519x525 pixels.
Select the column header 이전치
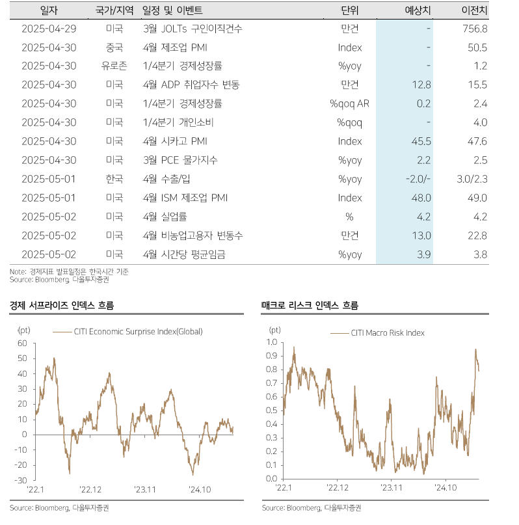473,10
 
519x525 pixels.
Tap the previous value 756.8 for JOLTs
473,29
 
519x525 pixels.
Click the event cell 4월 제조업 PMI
170,47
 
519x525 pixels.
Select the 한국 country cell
114,180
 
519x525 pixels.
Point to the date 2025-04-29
49,29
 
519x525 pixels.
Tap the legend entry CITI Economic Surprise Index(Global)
137,332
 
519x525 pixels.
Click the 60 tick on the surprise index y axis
22,343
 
